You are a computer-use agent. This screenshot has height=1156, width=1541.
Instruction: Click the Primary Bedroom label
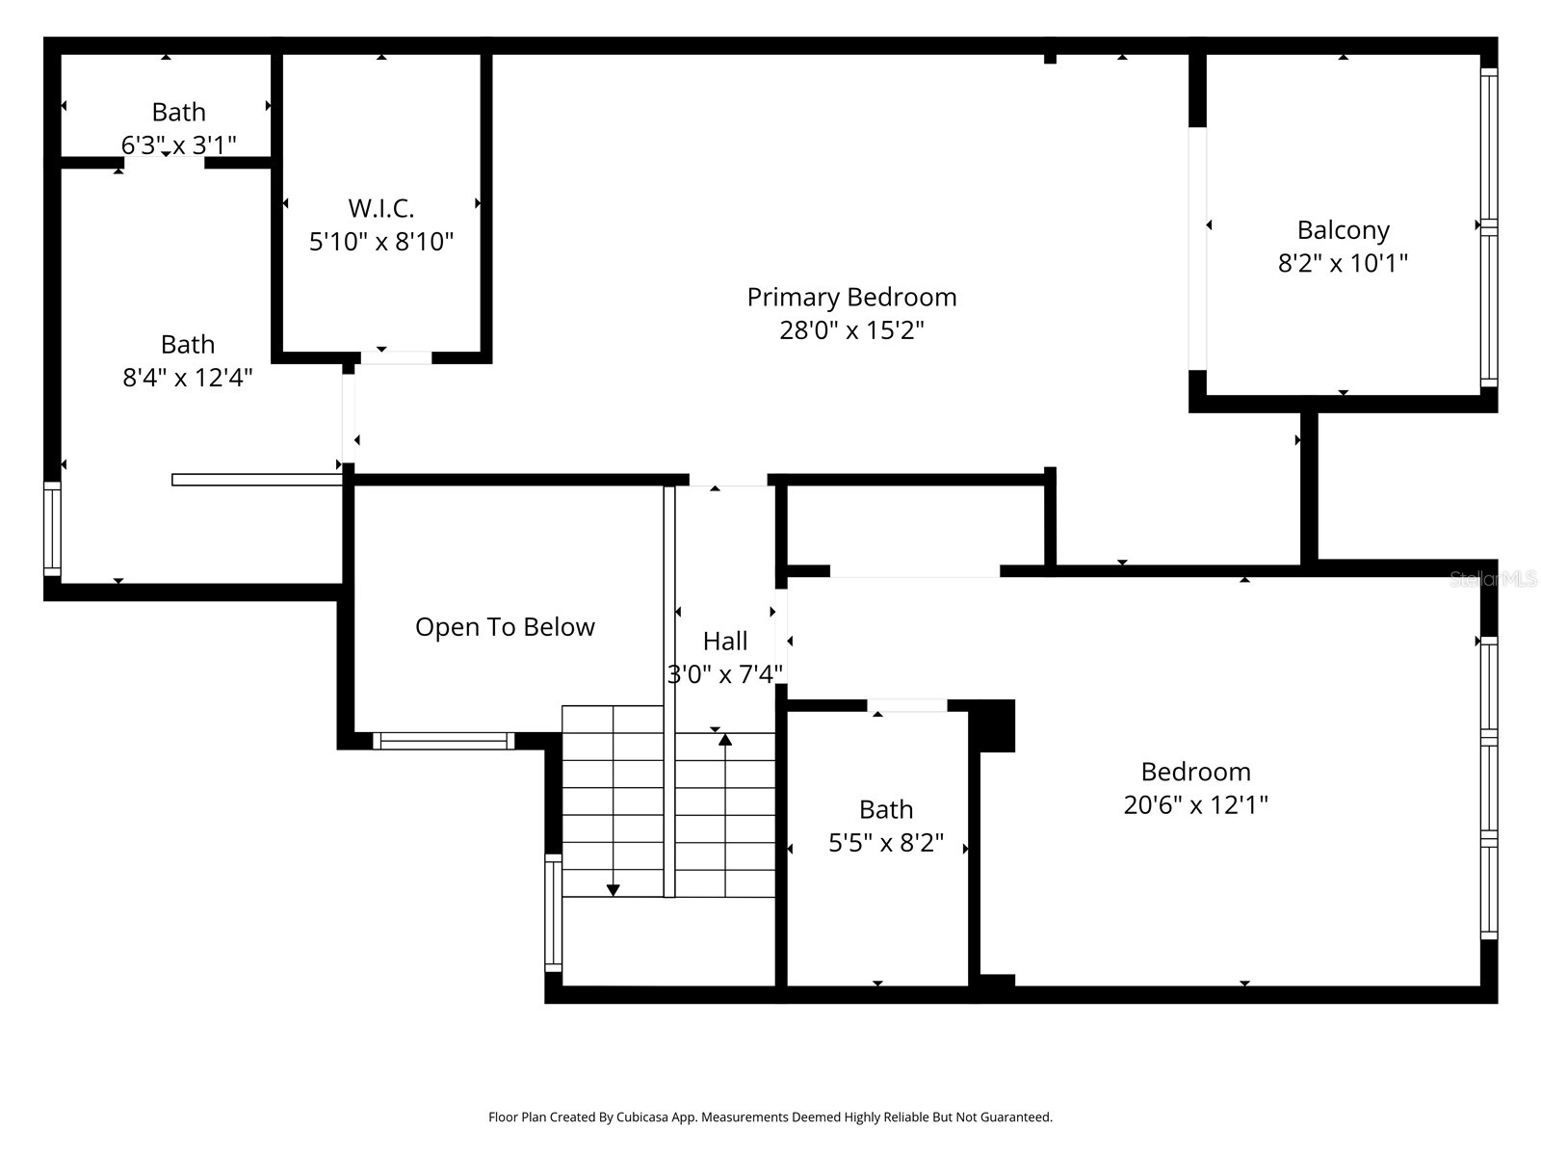click(851, 297)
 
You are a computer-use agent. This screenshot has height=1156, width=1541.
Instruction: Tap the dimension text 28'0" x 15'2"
click(851, 330)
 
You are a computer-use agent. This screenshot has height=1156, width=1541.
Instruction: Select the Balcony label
click(1343, 230)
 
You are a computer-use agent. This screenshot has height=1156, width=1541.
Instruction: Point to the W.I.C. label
click(380, 208)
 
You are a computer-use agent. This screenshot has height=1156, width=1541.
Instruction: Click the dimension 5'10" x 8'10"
click(380, 242)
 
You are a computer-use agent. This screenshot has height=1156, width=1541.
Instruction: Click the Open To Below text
click(505, 627)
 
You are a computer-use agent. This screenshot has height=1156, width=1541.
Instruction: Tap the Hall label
click(724, 641)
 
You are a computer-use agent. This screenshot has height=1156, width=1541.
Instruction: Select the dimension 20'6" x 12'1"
click(1195, 804)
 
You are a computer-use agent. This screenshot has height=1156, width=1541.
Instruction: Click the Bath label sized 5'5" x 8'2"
click(885, 809)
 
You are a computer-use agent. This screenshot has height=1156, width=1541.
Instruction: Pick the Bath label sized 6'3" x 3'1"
click(178, 113)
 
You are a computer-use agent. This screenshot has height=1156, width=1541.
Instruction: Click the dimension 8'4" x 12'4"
click(187, 378)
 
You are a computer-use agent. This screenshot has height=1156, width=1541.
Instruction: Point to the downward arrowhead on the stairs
click(613, 890)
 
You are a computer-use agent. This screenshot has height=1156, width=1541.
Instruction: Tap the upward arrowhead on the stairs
click(724, 740)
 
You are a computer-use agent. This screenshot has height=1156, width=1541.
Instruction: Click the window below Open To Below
click(444, 741)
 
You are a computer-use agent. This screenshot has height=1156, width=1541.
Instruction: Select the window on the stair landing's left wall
click(553, 912)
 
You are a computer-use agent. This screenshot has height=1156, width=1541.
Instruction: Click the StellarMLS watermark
click(1492, 579)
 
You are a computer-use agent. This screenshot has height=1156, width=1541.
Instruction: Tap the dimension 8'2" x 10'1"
click(1343, 263)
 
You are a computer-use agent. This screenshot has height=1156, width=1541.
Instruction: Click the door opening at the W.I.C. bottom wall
click(396, 357)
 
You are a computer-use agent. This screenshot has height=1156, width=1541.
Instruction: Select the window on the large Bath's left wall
click(52, 530)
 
